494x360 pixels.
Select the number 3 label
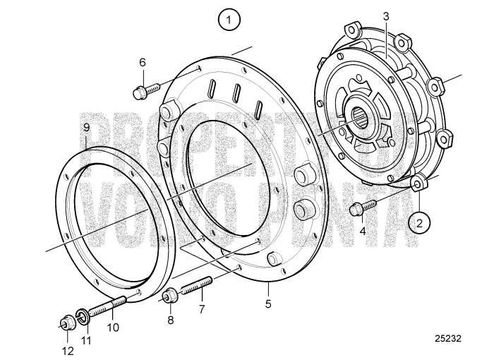tap(385, 16)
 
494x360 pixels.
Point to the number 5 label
tap(269, 304)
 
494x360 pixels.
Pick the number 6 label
tap(142, 62)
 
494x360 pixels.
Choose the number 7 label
tap(202, 309)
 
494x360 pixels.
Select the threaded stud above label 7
tap(197, 289)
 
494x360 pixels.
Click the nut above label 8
tap(169, 296)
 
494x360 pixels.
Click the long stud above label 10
tap(107, 308)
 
